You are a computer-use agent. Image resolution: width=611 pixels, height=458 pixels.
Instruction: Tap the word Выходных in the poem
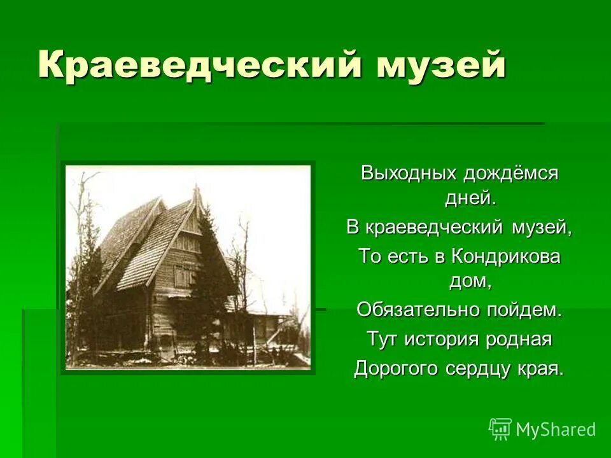[x=409, y=173]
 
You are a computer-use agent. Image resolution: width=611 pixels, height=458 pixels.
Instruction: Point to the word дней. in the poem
[x=470, y=198]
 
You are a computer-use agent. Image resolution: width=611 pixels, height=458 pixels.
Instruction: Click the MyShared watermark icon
[x=500, y=429]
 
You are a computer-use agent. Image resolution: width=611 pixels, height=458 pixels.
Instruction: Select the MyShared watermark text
[x=556, y=429]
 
